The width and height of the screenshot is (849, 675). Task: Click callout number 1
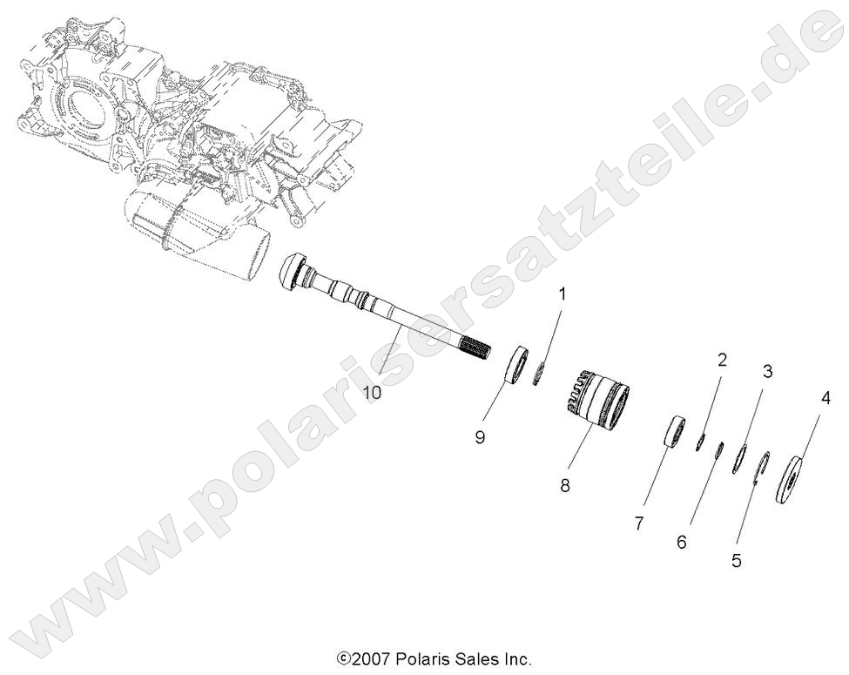[562, 294]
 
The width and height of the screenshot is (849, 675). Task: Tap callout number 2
[721, 359]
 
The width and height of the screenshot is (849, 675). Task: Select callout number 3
[767, 371]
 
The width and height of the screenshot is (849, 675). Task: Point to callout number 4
[824, 401]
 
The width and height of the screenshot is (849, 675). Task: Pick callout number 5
[737, 561]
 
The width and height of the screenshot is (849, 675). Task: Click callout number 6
[681, 542]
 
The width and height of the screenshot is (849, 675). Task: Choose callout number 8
[564, 486]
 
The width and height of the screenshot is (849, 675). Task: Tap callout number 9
[480, 438]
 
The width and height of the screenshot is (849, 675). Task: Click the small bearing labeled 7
[674, 433]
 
